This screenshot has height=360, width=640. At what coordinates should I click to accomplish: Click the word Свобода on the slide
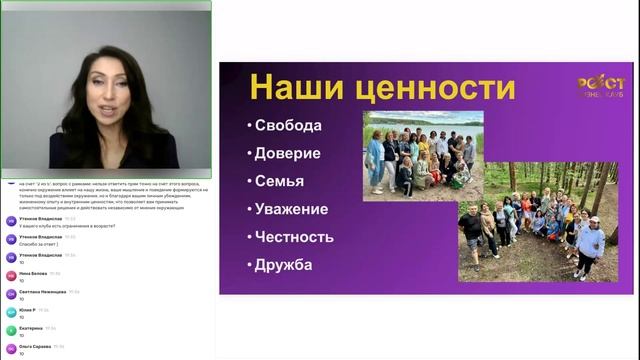coord(290,126)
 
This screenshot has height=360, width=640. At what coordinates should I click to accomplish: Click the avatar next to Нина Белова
coord(10,276)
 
